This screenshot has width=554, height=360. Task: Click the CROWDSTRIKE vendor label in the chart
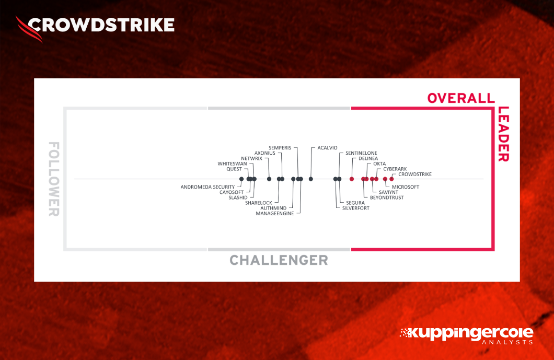[x=414, y=174]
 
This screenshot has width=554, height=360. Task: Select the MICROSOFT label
[x=405, y=187]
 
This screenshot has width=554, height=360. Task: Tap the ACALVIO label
[x=327, y=148]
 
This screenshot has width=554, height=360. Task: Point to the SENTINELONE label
[x=361, y=153]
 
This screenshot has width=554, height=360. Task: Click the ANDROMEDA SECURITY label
[x=207, y=187]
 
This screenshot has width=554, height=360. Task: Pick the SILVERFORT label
[x=355, y=208]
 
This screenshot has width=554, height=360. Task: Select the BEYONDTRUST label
[x=386, y=198]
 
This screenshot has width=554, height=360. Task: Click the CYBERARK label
[x=395, y=169]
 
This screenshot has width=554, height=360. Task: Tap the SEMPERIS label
[x=280, y=148]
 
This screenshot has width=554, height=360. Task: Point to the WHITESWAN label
[x=232, y=164]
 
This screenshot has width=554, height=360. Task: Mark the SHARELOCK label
[x=258, y=203]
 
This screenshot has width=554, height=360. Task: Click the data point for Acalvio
[x=311, y=179]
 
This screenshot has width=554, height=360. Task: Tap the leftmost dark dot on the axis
[x=241, y=179]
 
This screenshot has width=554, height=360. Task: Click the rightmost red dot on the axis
[x=391, y=179]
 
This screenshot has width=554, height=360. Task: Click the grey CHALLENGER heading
[x=279, y=260]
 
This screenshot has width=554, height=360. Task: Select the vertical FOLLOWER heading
[x=53, y=179]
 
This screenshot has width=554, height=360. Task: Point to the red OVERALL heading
[x=460, y=98]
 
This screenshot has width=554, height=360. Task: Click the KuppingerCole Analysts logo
[x=466, y=335]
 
